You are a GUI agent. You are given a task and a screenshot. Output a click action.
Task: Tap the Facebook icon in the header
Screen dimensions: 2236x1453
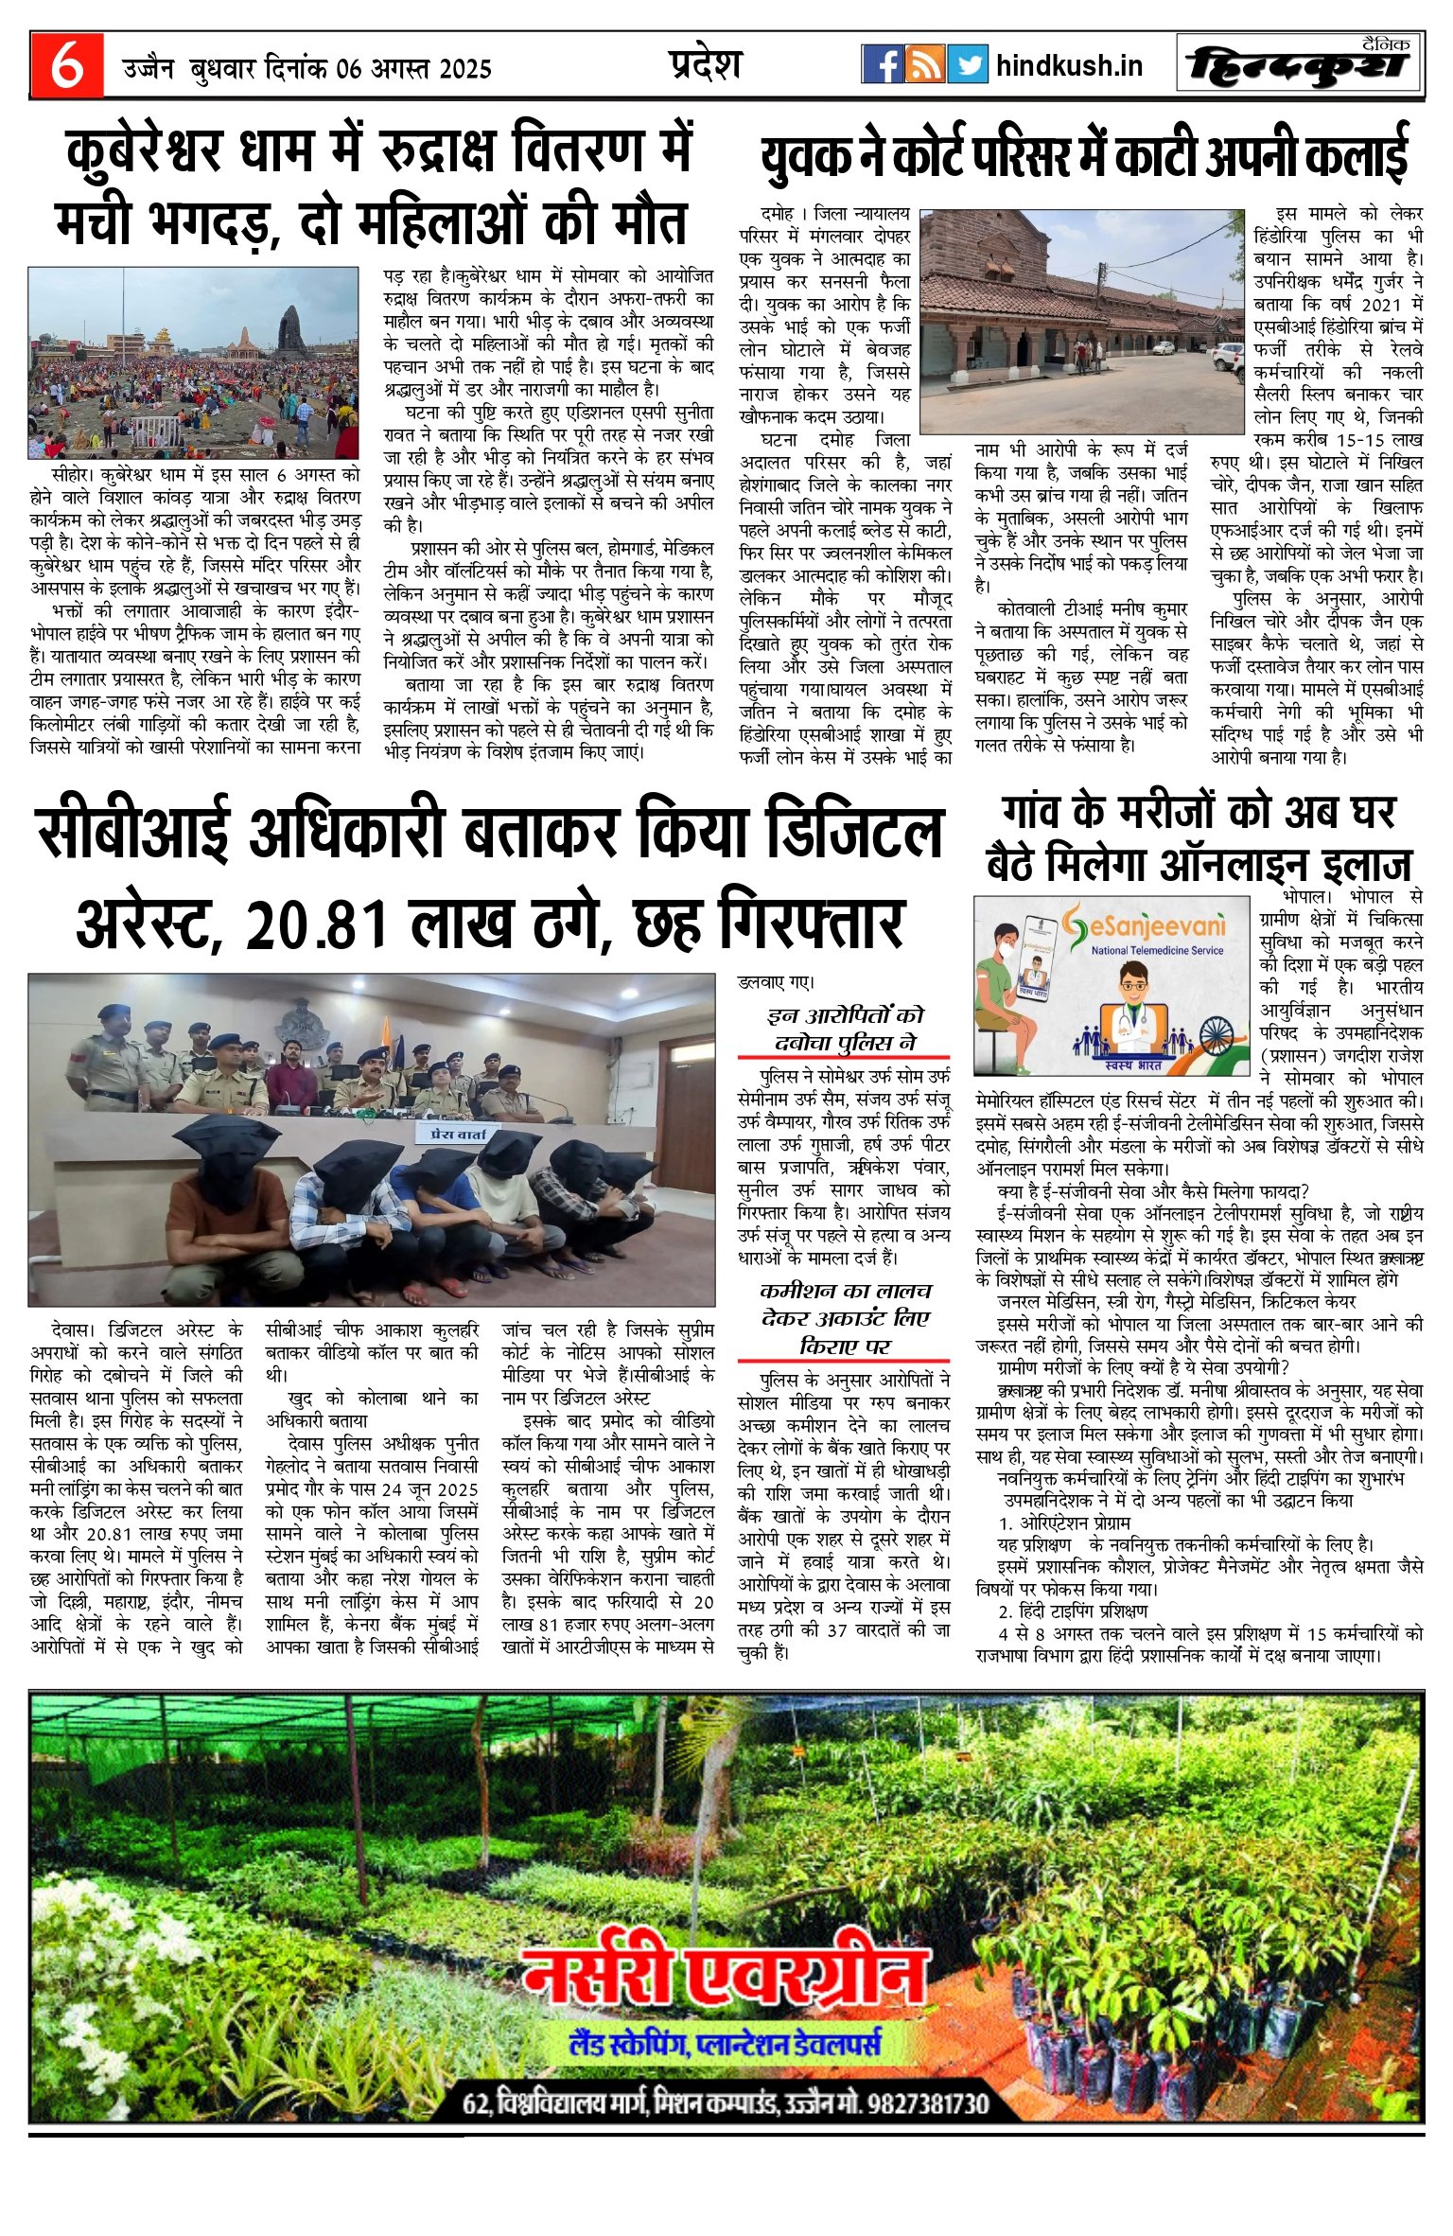[x=882, y=64]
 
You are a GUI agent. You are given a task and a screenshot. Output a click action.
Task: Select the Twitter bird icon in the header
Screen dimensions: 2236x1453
[x=967, y=64]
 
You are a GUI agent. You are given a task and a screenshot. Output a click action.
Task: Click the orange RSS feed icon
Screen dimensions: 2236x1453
[x=924, y=64]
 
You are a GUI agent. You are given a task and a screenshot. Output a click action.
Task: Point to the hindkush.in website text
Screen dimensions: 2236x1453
[x=1069, y=65]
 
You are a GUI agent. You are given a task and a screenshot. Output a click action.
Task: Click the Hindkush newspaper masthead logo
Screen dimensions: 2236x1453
[x=1300, y=64]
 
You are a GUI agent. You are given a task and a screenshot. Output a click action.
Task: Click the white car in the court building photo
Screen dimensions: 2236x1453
[x=1226, y=356]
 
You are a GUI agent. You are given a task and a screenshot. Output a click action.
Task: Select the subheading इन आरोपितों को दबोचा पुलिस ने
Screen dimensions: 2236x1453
[x=844, y=1029]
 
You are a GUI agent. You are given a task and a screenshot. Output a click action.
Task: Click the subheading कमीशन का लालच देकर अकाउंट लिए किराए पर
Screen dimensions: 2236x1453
[x=844, y=1318]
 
